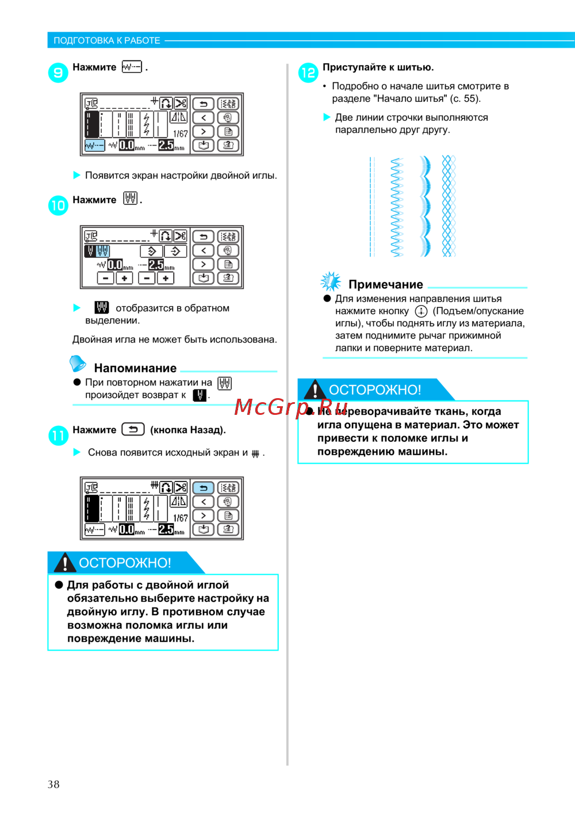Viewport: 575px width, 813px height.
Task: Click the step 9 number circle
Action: click(58, 72)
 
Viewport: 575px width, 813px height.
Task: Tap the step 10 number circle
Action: click(58, 205)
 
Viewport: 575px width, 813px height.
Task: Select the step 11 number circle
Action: click(58, 435)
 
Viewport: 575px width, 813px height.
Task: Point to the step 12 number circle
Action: click(308, 72)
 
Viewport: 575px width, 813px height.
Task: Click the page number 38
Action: click(53, 784)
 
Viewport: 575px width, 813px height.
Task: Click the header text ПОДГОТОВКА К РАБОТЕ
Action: click(107, 40)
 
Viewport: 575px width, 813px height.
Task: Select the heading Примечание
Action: click(386, 284)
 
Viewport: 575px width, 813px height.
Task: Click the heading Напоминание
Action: click(135, 368)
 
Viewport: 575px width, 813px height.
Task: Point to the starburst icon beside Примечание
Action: click(331, 281)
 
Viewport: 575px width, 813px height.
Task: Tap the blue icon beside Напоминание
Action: click(77, 364)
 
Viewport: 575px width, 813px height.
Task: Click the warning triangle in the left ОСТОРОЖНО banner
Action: click(65, 562)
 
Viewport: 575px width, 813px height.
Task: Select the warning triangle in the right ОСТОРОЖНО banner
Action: click(315, 390)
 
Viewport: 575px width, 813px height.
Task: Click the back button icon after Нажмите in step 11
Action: click(133, 429)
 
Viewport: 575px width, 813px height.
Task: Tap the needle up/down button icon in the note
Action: click(421, 311)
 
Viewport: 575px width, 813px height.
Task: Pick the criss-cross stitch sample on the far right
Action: click(448, 206)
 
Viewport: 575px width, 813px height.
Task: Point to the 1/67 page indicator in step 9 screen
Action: click(180, 133)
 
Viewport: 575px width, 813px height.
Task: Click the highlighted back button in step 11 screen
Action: click(203, 488)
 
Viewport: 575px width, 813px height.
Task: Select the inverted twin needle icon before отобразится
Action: click(102, 308)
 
